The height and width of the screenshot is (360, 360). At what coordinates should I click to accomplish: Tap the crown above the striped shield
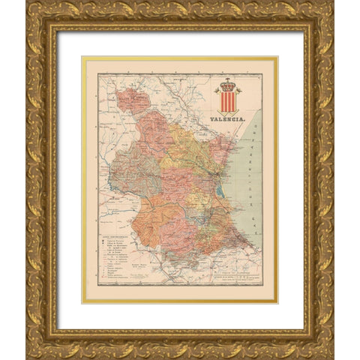228,83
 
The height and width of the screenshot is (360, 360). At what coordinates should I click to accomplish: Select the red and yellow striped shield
228,101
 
